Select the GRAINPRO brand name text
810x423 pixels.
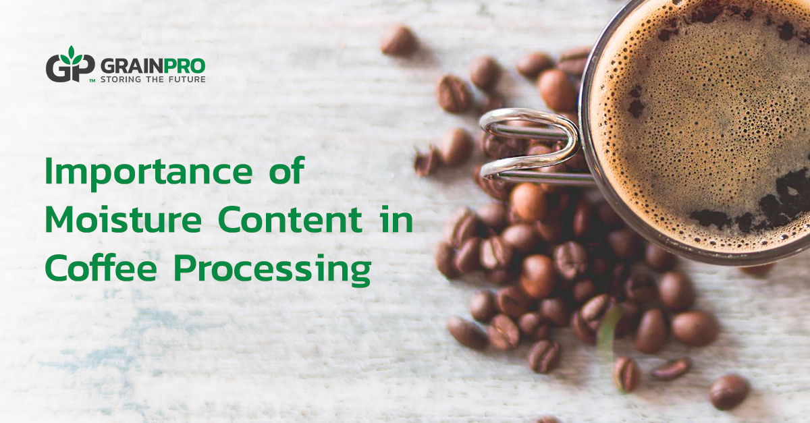click(x=152, y=65)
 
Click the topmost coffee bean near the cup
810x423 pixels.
click(x=398, y=40)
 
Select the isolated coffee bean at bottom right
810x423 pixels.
click(x=729, y=391)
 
